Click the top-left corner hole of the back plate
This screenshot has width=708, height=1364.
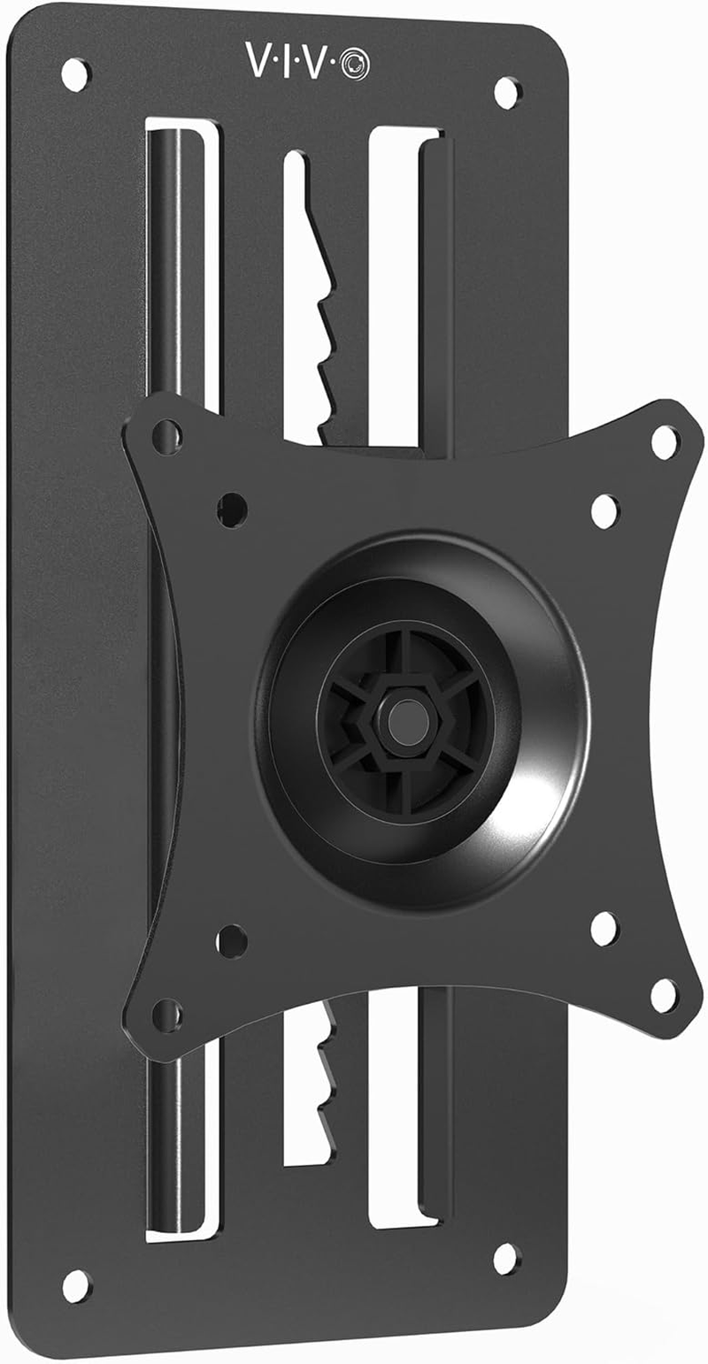(75, 74)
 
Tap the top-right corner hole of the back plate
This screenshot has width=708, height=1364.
(507, 92)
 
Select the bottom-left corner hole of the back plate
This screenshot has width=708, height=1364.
(76, 1285)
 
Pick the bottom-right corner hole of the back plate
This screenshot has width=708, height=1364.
(505, 1258)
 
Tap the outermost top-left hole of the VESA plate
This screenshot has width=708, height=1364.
(166, 437)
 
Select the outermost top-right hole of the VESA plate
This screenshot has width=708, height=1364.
(665, 442)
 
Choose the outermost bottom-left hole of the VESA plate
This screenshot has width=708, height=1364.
(166, 1015)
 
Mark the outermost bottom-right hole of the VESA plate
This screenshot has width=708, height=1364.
(664, 995)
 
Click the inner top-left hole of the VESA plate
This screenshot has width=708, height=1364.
(232, 509)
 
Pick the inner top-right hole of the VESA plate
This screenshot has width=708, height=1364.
(604, 510)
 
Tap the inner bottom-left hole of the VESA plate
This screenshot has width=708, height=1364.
(232, 940)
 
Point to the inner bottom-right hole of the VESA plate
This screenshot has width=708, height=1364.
(604, 927)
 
